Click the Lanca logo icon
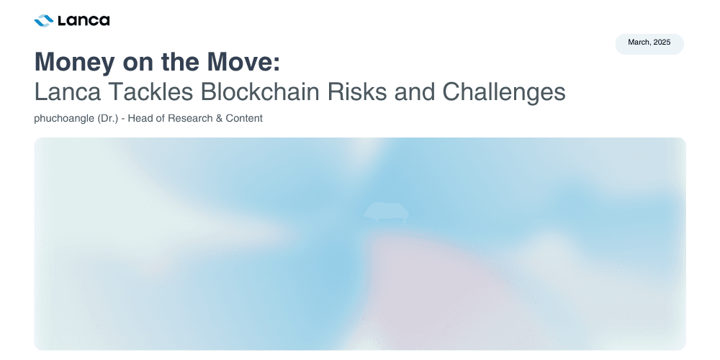coord(44,21)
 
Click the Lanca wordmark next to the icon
coord(84,21)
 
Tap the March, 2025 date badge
coord(649,44)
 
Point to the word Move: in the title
coord(243,61)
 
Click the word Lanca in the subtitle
coord(68,92)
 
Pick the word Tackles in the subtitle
coord(150,92)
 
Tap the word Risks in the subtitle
coord(357,92)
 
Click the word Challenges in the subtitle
coord(504,93)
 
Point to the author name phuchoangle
coord(64,119)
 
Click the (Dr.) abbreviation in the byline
coord(108,119)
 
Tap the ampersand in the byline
coord(219,118)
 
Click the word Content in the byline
coord(244,118)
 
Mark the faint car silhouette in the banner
coord(386,212)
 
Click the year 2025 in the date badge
coord(662,42)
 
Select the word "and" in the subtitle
coord(415,92)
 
